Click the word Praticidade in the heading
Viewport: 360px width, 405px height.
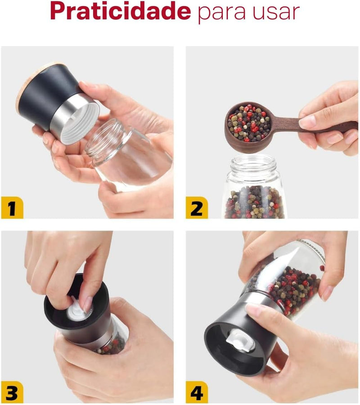pyautogui.click(x=121, y=11)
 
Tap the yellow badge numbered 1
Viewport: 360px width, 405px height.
pyautogui.click(x=12, y=208)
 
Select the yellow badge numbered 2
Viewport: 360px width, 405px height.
pyautogui.click(x=197, y=208)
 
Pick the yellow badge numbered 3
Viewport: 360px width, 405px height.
pyautogui.click(x=12, y=392)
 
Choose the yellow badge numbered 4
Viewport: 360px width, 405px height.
pyautogui.click(x=197, y=392)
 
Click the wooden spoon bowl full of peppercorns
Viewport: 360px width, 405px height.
pyautogui.click(x=248, y=127)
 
